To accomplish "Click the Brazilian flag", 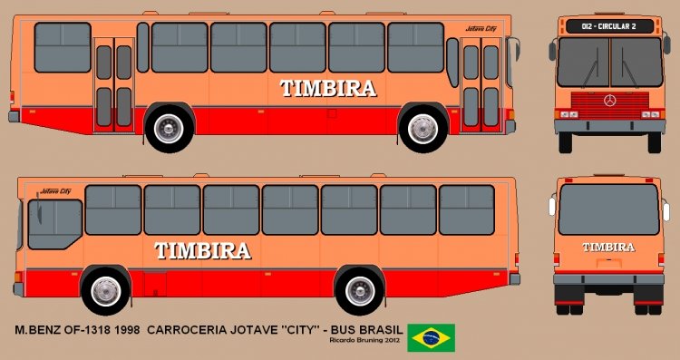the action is pos(432,336).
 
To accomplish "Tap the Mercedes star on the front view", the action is pos(609,99).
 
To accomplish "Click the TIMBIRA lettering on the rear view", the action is pos(608,247).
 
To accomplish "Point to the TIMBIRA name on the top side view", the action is pos(327,88).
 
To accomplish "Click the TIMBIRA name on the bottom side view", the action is pos(202,251).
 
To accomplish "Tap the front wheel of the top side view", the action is pos(423,129).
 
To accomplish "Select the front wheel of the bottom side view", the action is pos(106,291).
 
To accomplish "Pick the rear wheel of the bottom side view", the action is pos(360,291).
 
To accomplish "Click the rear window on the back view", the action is pos(608,209).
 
